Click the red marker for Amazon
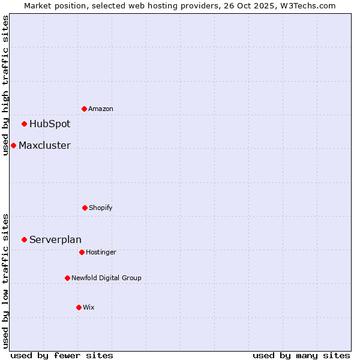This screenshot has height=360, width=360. point(85,109)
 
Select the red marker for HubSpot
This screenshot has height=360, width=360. point(25,124)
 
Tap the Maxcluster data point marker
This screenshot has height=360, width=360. point(14,145)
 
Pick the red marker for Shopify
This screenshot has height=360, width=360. point(85,208)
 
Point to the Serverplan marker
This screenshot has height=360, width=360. point(25,239)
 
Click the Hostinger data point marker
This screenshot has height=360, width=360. point(82,252)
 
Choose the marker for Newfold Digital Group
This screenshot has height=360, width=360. point(67,278)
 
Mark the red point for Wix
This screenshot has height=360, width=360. point(79,307)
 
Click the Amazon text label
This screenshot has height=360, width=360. point(101,109)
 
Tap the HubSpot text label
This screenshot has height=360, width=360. point(50,124)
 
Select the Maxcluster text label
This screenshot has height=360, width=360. point(44,145)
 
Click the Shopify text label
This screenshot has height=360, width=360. point(101,208)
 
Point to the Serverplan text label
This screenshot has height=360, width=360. point(55,239)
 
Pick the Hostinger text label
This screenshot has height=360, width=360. point(101,252)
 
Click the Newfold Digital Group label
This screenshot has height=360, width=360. point(106,278)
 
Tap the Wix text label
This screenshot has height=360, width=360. point(89,307)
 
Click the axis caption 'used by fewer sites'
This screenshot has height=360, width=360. point(62,355)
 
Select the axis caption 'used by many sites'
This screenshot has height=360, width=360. point(301,355)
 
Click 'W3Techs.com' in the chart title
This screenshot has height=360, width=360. point(310,5)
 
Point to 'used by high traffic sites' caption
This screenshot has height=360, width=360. point(5,85)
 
